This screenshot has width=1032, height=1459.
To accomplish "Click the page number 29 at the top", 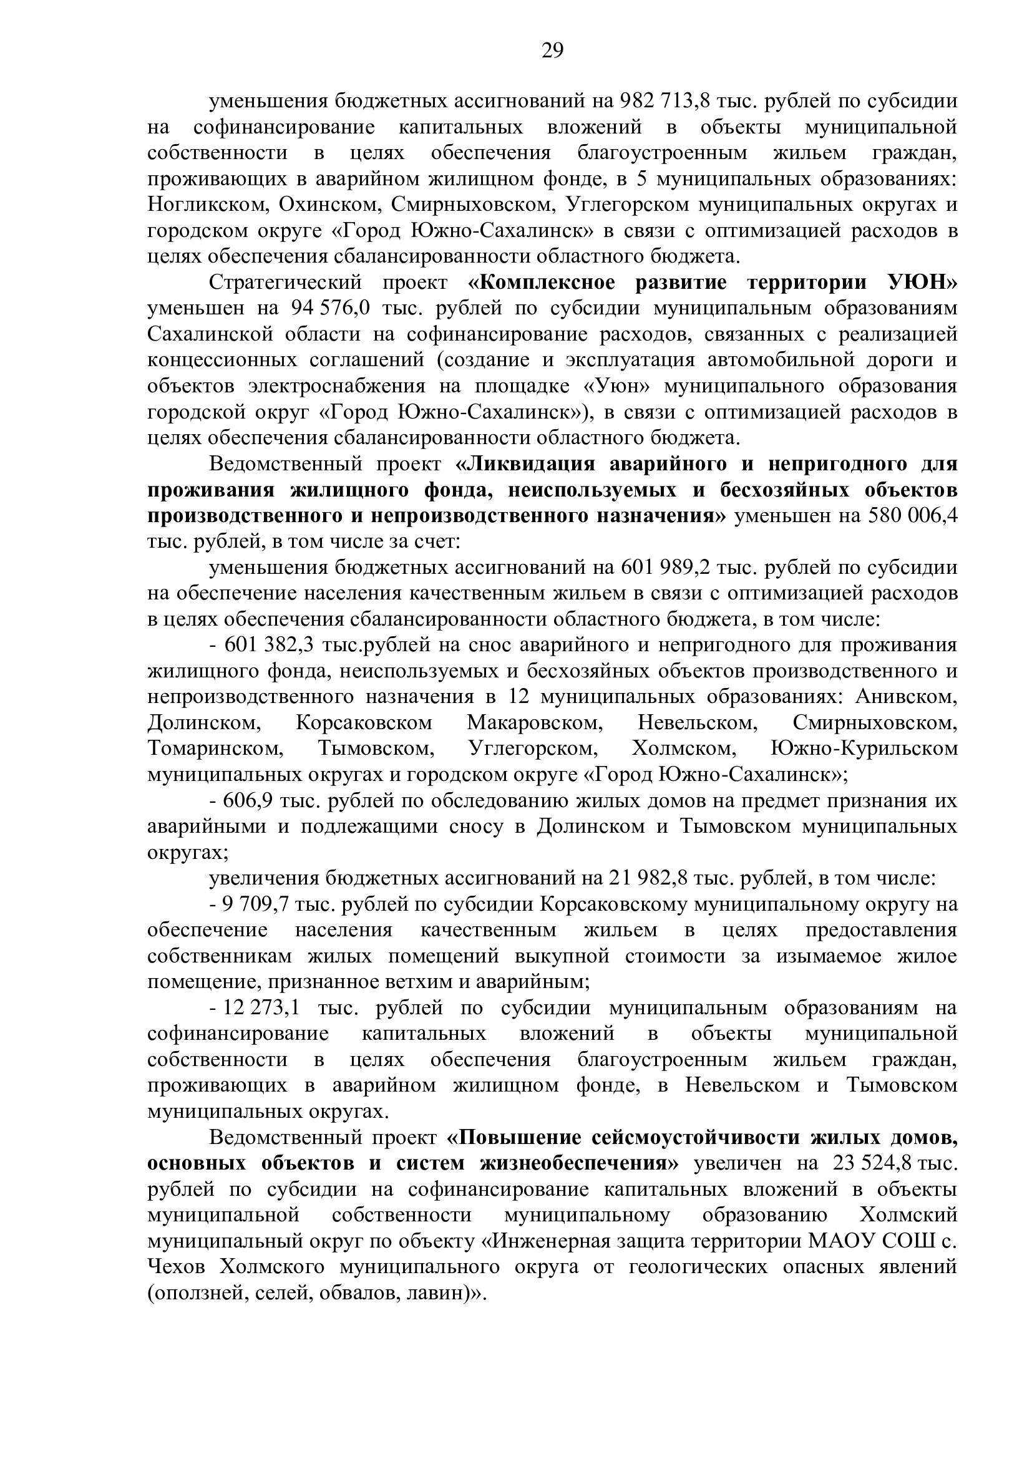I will pyautogui.click(x=552, y=50).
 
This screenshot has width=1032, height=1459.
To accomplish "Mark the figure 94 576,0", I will pyautogui.click(x=328, y=308).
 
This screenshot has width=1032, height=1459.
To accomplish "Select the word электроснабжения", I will pyautogui.click(x=338, y=386).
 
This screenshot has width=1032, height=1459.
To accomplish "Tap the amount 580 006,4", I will pyautogui.click(x=913, y=516).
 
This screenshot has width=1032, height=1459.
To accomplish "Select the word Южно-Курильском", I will pyautogui.click(x=864, y=749).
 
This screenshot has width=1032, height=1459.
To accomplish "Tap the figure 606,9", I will pyautogui.click(x=248, y=802).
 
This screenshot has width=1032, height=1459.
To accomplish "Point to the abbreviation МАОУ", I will pyautogui.click(x=839, y=1242).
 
